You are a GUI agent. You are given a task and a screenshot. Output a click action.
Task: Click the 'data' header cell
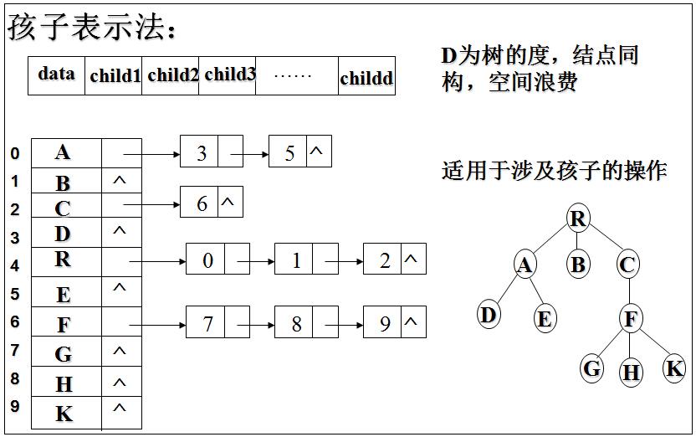tap(56, 75)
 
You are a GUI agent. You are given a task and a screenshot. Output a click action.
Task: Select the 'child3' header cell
tap(228, 75)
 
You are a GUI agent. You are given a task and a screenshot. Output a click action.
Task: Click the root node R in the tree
tap(577, 219)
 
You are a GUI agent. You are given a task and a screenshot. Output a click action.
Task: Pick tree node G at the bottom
tap(592, 368)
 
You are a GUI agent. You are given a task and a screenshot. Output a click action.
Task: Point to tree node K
tap(674, 368)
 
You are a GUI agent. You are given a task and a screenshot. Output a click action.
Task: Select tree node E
tap(545, 318)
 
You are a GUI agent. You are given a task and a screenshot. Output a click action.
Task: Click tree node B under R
tap(578, 265)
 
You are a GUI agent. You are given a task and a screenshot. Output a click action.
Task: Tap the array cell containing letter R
tap(64, 260)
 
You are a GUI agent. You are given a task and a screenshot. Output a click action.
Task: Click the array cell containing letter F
tap(64, 323)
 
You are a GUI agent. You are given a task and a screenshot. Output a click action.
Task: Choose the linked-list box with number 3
tap(202, 154)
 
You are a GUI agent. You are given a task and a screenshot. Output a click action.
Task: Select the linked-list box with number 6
tap(202, 203)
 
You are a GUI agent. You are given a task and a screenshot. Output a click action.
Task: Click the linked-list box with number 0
tap(207, 261)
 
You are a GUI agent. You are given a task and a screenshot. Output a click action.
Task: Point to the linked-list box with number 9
tap(385, 323)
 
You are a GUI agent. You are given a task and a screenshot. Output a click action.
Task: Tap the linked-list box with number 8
tap(296, 323)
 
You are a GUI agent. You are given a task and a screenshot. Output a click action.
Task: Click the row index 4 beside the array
tap(14, 265)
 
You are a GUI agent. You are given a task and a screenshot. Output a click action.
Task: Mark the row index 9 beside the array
tap(14, 408)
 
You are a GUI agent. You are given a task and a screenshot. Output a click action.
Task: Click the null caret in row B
tap(120, 179)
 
